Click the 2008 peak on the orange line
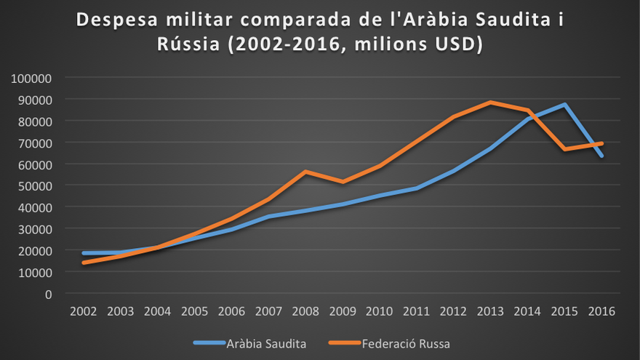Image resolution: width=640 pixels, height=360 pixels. [305, 172]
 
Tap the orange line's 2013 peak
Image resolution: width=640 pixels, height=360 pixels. [490, 103]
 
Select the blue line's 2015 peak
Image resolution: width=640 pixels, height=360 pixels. [564, 105]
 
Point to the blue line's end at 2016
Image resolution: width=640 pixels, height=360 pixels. [601, 155]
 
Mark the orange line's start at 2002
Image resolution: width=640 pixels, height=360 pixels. [84, 263]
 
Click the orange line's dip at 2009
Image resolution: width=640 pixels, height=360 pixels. [342, 182]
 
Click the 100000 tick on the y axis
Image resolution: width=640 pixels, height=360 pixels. [31, 77]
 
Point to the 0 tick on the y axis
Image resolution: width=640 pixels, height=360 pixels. [48, 294]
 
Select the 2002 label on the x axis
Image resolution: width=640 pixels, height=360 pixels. [84, 311]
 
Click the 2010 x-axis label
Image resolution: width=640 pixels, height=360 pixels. [379, 311]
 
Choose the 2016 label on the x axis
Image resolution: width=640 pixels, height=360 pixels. [601, 311]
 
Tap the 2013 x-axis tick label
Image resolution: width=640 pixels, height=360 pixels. [490, 311]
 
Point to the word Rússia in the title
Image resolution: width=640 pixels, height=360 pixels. [188, 44]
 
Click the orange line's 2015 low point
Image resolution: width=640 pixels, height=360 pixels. [564, 149]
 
